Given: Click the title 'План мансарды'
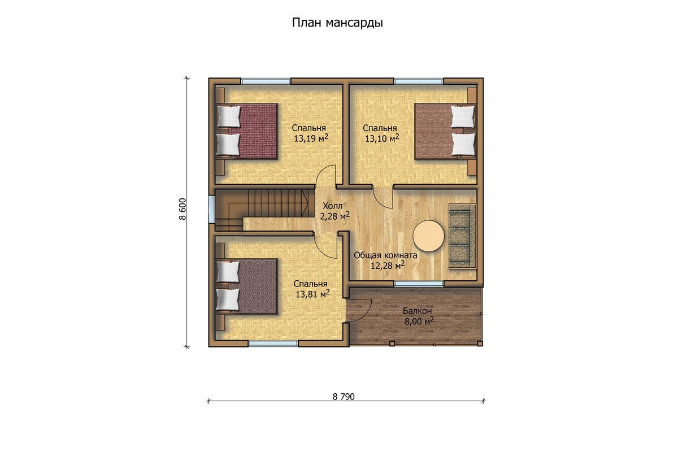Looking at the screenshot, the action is tap(337, 23).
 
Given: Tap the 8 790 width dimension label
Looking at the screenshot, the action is tap(344, 396).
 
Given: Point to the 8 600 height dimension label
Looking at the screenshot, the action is tap(182, 209).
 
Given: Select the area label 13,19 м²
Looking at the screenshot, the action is tap(311, 138).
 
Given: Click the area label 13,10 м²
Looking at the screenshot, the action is tap(382, 138).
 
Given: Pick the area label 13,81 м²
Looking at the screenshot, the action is tap(312, 294).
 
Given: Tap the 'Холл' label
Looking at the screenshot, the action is tap(333, 206).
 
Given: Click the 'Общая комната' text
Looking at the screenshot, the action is tap(385, 255).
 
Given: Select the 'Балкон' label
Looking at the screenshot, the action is tap(417, 311).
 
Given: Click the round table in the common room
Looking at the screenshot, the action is tap(429, 236).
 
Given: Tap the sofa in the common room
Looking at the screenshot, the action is tap(462, 236).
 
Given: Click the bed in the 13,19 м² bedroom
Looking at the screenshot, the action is tap(247, 131).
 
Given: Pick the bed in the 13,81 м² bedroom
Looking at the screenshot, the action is tap(247, 286).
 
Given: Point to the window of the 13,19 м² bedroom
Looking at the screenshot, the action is tap(266, 81).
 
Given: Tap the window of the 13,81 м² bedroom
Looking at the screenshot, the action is tap(273, 344).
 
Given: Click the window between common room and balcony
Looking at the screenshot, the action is tap(419, 284).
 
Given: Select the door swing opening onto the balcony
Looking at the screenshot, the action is tap(359, 310).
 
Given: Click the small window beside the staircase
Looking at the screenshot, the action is tap(211, 209).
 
